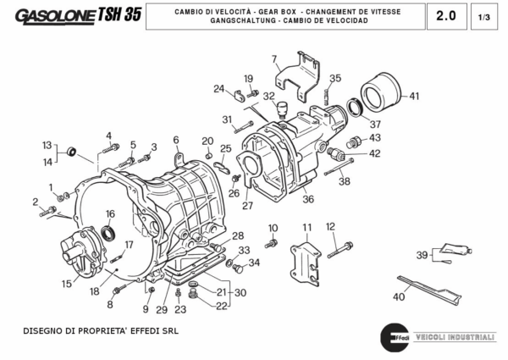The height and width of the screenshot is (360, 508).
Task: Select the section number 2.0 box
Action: [445, 15]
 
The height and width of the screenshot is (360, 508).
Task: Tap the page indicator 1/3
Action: [484, 16]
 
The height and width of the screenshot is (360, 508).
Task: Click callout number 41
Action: [414, 96]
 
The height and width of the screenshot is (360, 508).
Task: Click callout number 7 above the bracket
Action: [274, 58]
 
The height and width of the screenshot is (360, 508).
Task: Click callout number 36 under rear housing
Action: [308, 199]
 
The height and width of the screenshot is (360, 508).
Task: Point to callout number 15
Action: [66, 285]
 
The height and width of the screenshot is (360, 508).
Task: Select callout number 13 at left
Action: [47, 145]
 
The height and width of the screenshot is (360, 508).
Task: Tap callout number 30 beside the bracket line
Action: [240, 293]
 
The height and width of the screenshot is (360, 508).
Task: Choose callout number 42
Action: [374, 153]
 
